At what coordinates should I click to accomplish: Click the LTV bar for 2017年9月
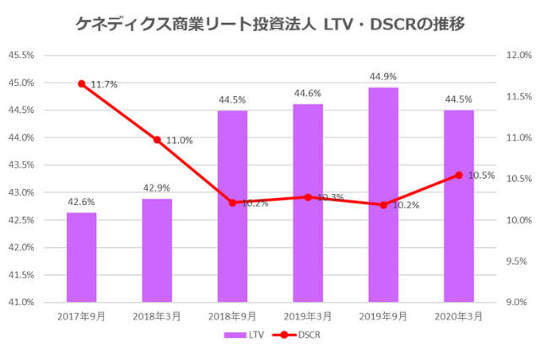pyautogui.click(x=81, y=257)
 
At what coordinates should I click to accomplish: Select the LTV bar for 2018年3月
pyautogui.click(x=157, y=250)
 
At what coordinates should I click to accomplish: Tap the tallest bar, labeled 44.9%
pyautogui.click(x=383, y=195)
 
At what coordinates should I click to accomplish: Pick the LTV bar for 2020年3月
pyautogui.click(x=459, y=206)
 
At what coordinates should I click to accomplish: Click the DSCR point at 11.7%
pyautogui.click(x=82, y=83)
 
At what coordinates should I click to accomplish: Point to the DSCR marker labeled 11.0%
pyautogui.click(x=157, y=139)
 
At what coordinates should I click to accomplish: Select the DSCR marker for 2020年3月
pyautogui.click(x=459, y=175)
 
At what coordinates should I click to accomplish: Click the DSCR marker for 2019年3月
pyautogui.click(x=308, y=197)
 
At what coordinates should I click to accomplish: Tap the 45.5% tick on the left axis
pyautogui.click(x=20, y=56)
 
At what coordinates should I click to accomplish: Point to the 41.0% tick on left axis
pyautogui.click(x=20, y=302)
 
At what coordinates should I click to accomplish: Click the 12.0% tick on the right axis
pyautogui.click(x=517, y=56)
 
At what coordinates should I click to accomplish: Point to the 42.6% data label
pyautogui.click(x=81, y=201)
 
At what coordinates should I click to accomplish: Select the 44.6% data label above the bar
pyautogui.click(x=308, y=94)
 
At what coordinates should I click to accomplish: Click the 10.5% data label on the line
pyautogui.click(x=481, y=175)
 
